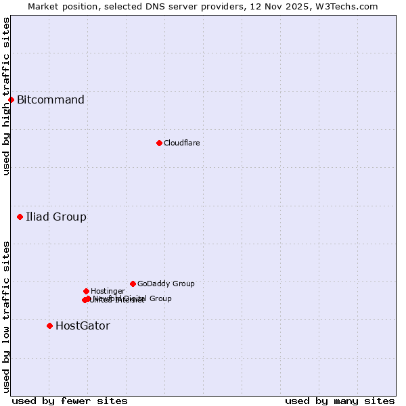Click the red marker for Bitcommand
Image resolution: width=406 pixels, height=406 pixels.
coord(11,100)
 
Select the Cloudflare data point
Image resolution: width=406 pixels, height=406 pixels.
coord(159,143)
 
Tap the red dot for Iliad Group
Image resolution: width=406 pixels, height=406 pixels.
coord(20,217)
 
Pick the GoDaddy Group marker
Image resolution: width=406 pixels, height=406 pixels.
coord(133,284)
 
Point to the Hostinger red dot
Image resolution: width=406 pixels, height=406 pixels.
coord(86,291)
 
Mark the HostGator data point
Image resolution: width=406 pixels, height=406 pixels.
coord(49,325)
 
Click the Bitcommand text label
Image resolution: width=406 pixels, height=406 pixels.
coord(51,100)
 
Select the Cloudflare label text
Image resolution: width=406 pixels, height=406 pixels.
coord(181,143)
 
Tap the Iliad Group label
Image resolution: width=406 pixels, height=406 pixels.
coord(56,217)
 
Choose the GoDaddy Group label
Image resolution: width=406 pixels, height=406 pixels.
coord(166,284)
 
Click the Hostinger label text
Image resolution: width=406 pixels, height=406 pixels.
coord(108,291)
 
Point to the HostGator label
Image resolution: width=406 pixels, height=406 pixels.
coord(83,326)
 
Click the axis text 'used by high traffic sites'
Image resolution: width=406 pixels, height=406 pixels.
coord(6,96)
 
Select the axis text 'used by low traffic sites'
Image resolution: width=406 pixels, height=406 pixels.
coord(6,317)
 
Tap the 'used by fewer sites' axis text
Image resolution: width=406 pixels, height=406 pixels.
coord(70,401)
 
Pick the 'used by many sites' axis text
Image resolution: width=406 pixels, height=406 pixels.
coord(340,401)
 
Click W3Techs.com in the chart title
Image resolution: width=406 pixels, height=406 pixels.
coord(348,6)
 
